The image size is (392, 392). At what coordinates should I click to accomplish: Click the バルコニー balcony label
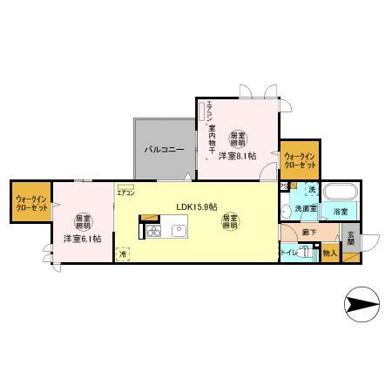coord(163,150)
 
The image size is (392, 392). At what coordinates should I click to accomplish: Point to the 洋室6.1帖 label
coord(81,238)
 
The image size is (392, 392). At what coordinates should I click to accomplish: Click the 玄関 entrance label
coord(351,239)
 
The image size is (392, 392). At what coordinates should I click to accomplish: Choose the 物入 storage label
coord(329,253)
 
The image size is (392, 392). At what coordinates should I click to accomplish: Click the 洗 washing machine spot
coord(310,190)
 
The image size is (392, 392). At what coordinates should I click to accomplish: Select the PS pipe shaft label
coord(284,186)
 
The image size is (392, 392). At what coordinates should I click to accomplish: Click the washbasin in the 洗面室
coord(289,209)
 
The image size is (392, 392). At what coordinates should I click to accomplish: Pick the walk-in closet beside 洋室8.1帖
coord(299,161)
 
